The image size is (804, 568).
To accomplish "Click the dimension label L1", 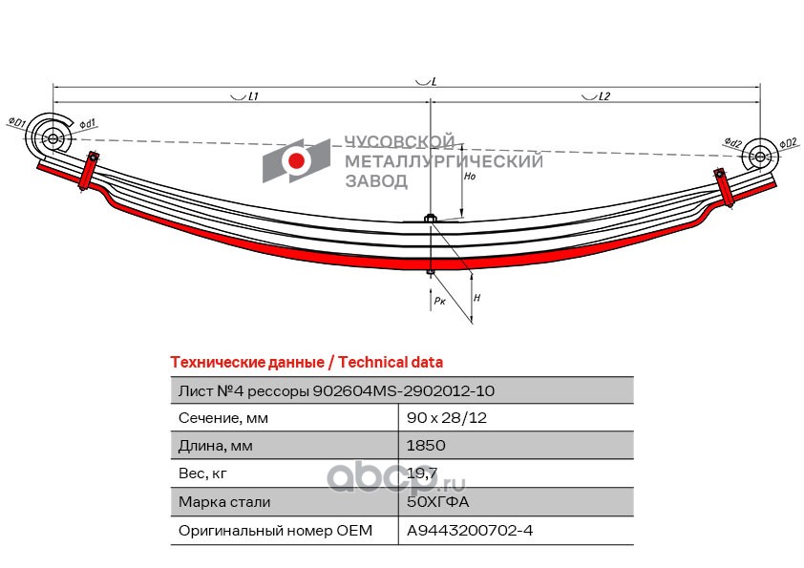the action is pyautogui.click(x=254, y=96).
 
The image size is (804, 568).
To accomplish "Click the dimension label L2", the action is pyautogui.click(x=603, y=96).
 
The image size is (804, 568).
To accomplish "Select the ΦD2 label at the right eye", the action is pyautogui.click(x=788, y=142).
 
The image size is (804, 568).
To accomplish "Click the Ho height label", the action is pyautogui.click(x=469, y=178).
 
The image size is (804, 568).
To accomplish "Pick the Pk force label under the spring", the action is pyautogui.click(x=438, y=301).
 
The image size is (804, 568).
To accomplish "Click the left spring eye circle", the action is pyautogui.click(x=50, y=137).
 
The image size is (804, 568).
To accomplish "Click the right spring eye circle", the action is pyautogui.click(x=759, y=156).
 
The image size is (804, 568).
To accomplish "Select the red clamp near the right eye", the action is pyautogui.click(x=725, y=187).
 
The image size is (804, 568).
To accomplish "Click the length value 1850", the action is pyautogui.click(x=426, y=446).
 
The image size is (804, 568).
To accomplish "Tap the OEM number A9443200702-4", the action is pyautogui.click(x=470, y=530).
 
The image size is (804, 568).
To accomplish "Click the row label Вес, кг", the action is pyautogui.click(x=203, y=473).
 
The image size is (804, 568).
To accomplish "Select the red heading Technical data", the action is pyautogui.click(x=391, y=363).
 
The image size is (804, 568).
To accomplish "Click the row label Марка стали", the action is pyautogui.click(x=224, y=501).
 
